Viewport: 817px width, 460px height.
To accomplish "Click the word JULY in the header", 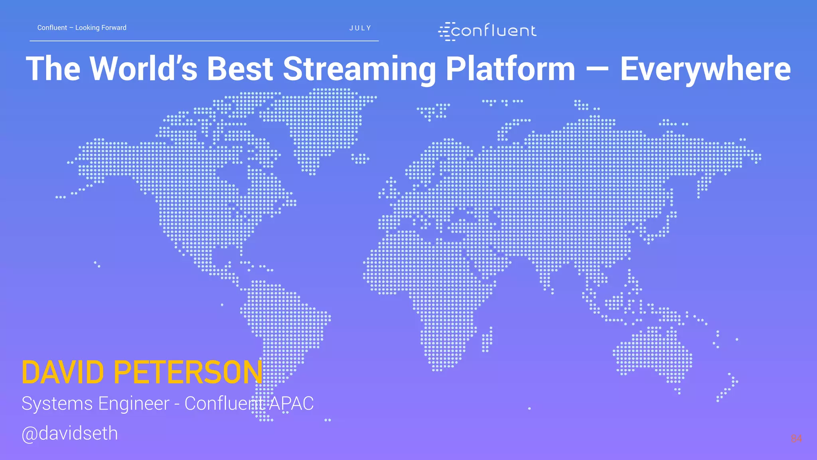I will pos(360,28).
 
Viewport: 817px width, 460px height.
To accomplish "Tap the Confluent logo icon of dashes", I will pos(445,32).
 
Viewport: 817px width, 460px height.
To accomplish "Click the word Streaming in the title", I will pos(359,69).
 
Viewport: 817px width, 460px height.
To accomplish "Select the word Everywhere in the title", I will pos(705,69).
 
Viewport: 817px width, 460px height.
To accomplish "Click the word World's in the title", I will pos(144,69).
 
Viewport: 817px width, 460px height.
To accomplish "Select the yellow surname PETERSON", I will pos(188,373).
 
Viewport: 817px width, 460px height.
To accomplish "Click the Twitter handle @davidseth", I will pos(70,433).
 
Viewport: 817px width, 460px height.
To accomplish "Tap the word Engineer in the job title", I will pos(134,403).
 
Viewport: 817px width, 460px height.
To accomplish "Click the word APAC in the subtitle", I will pos(291,403).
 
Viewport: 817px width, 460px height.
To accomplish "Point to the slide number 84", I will pos(796,438).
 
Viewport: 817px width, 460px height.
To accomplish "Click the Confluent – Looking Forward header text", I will pos(82,28).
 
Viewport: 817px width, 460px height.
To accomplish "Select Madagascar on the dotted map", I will pos(487,339).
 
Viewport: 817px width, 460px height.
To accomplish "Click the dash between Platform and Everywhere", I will pos(598,69).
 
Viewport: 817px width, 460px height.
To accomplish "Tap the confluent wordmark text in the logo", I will pos(494,31).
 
